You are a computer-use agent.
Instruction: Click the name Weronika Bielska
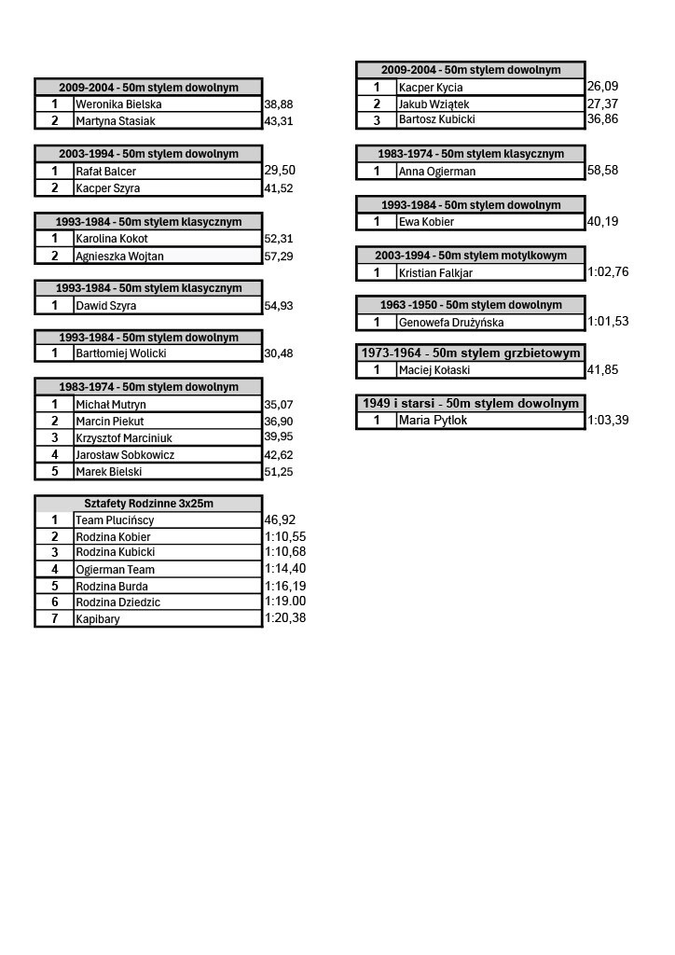[x=118, y=104]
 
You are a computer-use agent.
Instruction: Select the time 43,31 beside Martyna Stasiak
[x=279, y=121]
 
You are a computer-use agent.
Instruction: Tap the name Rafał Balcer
[x=106, y=172]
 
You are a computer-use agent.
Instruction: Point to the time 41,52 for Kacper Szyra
[x=279, y=188]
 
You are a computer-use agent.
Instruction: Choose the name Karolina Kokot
[x=112, y=238]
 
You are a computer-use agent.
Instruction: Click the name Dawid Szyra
[x=106, y=306]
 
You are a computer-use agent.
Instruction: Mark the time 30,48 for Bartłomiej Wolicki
[x=279, y=353]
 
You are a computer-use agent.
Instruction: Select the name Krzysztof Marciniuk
[x=124, y=438]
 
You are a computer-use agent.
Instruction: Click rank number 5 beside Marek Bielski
[x=55, y=471]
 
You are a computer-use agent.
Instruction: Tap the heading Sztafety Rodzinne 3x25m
[x=148, y=504]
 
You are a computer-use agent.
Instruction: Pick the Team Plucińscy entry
[x=115, y=520]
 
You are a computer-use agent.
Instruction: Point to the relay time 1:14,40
[x=285, y=568]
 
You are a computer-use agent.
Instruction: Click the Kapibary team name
[x=98, y=619]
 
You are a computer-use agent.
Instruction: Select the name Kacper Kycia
[x=431, y=87]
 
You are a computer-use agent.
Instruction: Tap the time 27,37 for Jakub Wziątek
[x=602, y=104]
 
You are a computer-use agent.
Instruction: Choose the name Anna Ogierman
[x=437, y=172]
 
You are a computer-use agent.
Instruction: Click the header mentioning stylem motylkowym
[x=471, y=256]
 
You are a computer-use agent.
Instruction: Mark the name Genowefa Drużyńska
[x=451, y=322]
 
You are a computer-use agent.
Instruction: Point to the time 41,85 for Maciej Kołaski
[x=602, y=369]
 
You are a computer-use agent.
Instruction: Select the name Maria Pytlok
[x=433, y=420]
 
